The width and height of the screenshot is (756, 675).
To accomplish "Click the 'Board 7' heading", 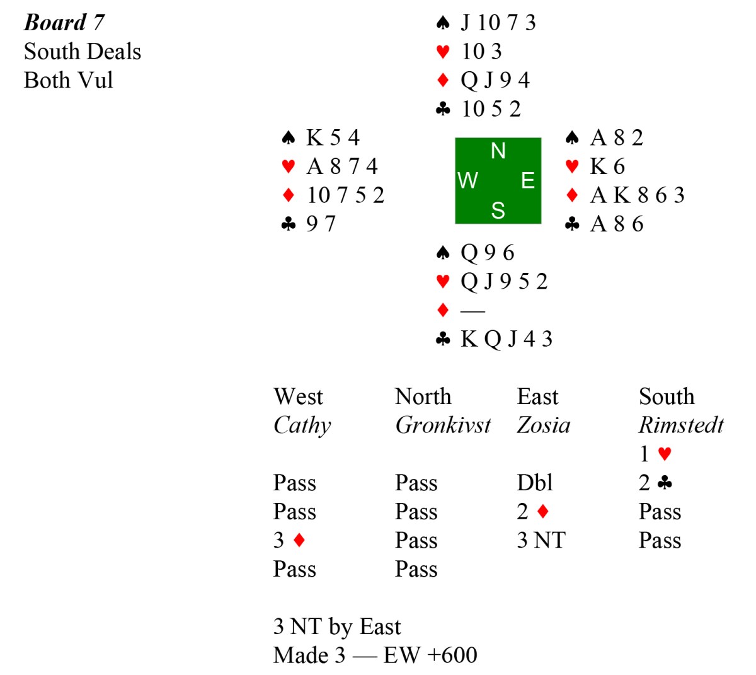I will coord(64,23).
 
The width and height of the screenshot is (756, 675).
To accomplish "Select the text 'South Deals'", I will coord(83,52).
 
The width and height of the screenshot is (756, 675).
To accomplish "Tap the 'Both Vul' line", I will coord(69,81).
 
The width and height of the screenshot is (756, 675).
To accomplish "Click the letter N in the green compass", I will coord(498,151).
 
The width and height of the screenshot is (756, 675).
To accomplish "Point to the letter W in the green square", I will coord(467,181).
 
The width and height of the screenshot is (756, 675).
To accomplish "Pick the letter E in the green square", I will coord(528,181).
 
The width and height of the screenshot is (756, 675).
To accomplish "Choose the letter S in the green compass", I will coord(498,211).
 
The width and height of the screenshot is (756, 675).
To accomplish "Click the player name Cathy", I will coord(302,425).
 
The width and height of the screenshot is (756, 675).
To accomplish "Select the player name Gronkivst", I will coord(443,425).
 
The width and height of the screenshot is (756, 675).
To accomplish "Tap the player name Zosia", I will coord(543,425).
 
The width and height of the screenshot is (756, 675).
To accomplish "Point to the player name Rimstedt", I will coord(681,425).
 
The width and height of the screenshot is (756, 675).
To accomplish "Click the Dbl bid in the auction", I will coord(534,483).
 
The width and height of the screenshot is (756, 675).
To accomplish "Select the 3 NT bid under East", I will coord(541,541).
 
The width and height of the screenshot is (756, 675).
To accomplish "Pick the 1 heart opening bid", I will coord(655,454).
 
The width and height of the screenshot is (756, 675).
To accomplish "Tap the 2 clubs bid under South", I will coord(655,483).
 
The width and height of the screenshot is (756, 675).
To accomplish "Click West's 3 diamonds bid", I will coord(290,541).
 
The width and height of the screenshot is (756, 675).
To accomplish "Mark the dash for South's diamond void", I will coord(472,311).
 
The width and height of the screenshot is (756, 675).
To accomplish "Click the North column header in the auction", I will coord(423,396).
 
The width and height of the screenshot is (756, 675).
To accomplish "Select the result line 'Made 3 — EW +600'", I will coord(375,655).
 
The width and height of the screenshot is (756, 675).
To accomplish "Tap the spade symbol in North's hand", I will coord(443,23).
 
